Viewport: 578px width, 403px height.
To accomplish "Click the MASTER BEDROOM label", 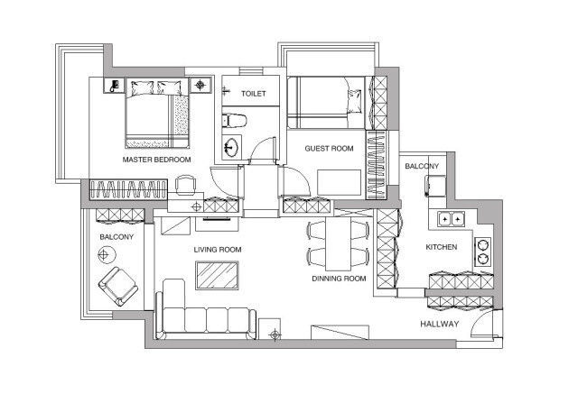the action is pos(156,160).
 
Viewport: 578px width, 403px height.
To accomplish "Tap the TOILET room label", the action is pos(254,94).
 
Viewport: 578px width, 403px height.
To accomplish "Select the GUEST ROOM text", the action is pos(329,149).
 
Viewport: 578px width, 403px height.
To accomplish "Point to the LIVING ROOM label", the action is pos(218,250).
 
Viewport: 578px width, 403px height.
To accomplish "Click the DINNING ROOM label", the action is pos(340,279).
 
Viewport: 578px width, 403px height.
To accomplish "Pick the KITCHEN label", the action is pos(442,247).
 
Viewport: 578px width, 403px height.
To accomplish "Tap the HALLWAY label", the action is pos(440,325).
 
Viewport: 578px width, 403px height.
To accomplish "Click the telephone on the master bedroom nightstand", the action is pos(115,86).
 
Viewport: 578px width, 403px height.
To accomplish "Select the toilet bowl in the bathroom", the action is pos(234,121).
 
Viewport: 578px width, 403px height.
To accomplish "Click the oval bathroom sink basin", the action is pos(231,148).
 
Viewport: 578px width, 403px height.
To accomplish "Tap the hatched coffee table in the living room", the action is pos(217,276).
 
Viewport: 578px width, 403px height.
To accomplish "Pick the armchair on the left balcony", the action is pos(118,287).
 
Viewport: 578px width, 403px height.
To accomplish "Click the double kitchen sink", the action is pos(452,219).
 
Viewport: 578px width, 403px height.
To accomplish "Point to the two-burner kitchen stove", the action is pos(483,252).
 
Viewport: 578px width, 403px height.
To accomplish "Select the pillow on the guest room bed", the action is pos(355,101).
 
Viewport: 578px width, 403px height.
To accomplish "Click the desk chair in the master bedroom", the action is pos(185,185).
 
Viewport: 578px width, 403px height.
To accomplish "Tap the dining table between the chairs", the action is pos(339,244).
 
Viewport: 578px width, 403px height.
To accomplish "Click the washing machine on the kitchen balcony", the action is pos(435,187).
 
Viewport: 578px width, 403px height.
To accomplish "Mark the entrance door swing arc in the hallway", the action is pos(479,317).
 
